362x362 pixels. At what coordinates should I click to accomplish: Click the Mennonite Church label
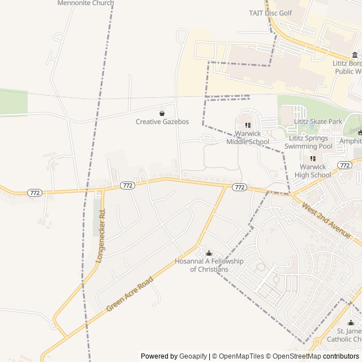[x=85, y=3]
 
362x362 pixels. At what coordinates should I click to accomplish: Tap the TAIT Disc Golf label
[x=270, y=13]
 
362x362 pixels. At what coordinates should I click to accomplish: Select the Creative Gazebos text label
[x=162, y=122]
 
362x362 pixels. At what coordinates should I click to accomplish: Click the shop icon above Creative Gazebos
[x=162, y=113]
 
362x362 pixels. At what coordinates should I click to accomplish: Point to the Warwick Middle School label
[x=248, y=137]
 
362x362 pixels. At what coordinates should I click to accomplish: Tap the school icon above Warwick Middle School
[x=248, y=125]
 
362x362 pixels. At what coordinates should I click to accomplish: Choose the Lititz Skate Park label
[x=318, y=122]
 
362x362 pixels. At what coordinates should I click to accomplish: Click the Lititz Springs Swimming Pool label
[x=309, y=142]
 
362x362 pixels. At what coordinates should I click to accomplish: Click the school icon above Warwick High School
[x=313, y=158]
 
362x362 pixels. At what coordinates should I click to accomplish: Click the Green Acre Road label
[x=130, y=294]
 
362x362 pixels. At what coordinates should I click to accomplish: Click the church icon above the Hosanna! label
[x=209, y=253]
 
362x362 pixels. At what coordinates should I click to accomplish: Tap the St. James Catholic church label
[x=350, y=335]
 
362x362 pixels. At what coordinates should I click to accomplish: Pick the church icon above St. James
[x=350, y=323]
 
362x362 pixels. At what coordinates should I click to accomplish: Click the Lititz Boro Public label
[x=347, y=67]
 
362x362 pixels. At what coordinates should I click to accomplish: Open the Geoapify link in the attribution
[x=193, y=356]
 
